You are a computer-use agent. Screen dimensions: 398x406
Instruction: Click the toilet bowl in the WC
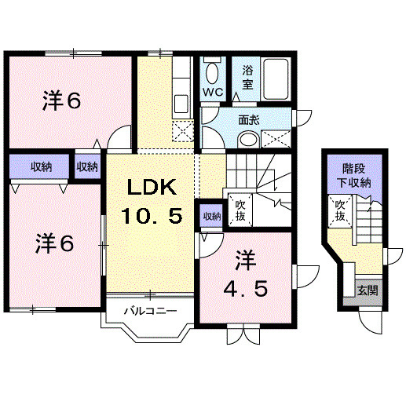point(212,73)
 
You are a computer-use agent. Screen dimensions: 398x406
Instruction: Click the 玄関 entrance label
point(367,289)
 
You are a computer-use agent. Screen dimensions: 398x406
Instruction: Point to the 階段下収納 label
point(356,176)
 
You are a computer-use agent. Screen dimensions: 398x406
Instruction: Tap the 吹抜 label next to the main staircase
point(240,210)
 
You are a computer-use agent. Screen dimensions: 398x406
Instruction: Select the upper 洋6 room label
point(63,100)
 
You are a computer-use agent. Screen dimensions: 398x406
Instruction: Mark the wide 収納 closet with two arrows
point(40,167)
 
